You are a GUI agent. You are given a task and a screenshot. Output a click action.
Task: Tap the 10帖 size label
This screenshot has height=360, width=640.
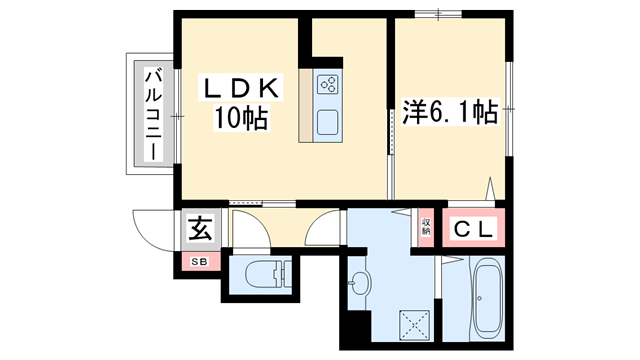[x=240, y=120]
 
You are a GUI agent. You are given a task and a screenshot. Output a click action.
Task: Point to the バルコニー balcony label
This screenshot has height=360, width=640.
[x=152, y=113]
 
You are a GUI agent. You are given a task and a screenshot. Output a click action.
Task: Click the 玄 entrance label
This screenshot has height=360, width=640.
[x=198, y=230]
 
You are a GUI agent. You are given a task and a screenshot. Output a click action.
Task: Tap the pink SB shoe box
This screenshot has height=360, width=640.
[x=198, y=262]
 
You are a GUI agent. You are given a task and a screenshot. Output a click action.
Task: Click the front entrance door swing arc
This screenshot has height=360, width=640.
[x=153, y=232]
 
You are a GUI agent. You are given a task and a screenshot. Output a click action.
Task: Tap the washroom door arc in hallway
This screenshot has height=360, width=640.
[x=322, y=232]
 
